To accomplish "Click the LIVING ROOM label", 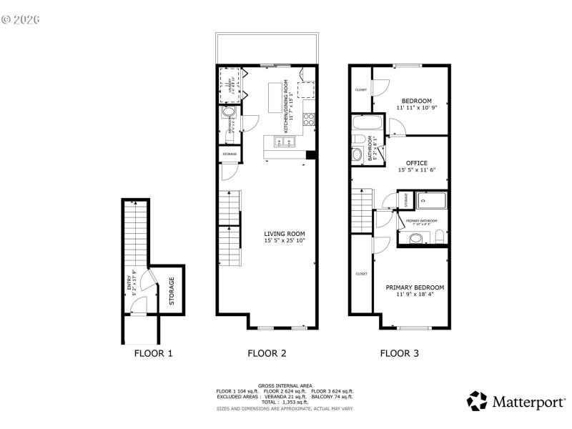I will point(285,233).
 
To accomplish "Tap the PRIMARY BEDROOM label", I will point(415,287).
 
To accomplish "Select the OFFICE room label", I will point(416,163).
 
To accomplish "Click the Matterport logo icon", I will point(477,401).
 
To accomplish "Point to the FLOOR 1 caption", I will point(153,353).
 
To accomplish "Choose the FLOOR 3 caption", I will point(399,353).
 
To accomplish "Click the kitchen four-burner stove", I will point(310,120).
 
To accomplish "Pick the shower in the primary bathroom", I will point(431,201).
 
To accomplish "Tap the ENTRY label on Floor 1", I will point(130,286).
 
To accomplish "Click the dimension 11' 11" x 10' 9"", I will point(416,108).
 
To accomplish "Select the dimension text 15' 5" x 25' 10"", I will point(285,241).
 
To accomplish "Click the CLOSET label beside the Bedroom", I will point(361,89).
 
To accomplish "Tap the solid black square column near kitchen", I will point(310,155).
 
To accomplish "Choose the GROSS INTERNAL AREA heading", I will point(285,385).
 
